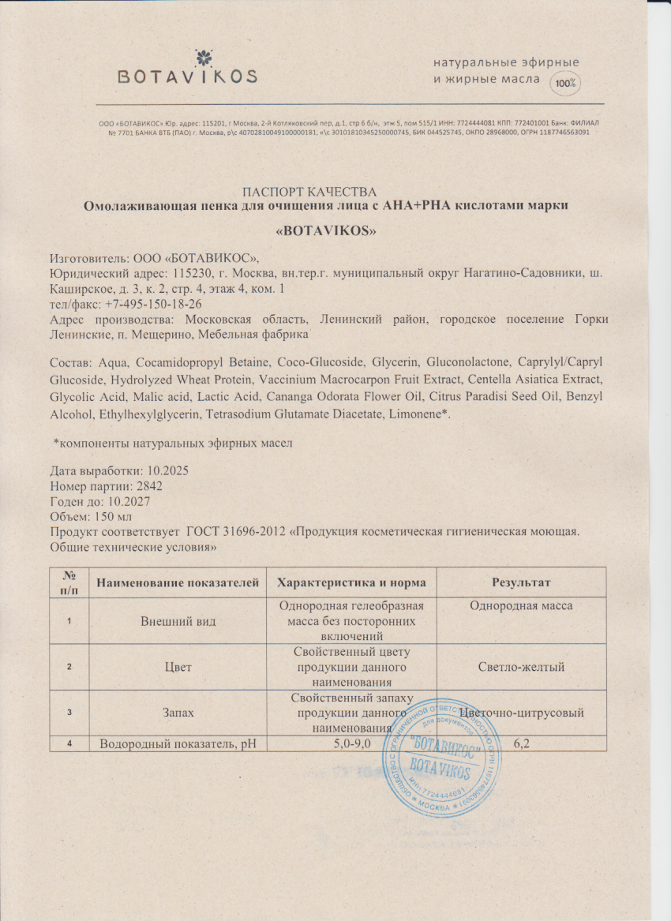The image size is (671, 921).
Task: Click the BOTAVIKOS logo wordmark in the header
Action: point(188,76)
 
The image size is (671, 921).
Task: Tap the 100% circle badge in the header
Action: point(565,82)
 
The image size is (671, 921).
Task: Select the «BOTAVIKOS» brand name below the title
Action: point(325,232)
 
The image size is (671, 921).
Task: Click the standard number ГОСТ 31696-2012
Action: point(237,532)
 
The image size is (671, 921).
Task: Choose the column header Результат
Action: point(521,582)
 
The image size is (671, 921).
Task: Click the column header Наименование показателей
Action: point(178,582)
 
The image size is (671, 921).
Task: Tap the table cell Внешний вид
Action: point(178,622)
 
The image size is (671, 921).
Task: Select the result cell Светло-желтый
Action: point(521,667)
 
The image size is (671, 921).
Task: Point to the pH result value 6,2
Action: point(521,743)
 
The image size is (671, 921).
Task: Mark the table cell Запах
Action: point(178,713)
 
